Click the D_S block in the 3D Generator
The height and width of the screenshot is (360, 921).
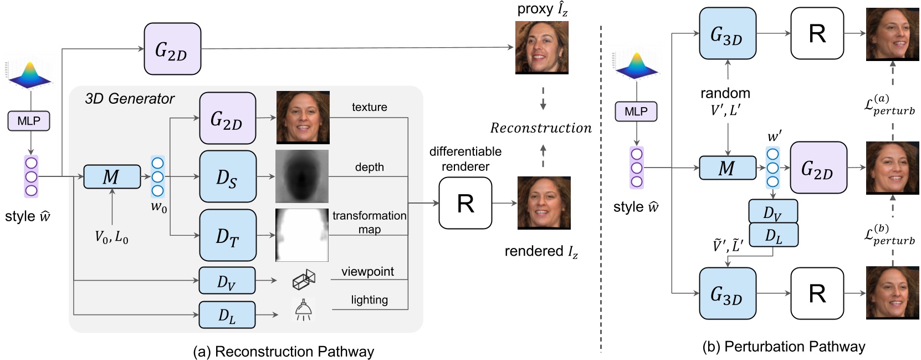coord(228,176)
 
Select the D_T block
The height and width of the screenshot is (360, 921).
coord(228,235)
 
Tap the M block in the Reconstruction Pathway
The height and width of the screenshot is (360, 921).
coord(111,176)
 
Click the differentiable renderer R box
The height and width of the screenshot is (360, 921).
coord(465,203)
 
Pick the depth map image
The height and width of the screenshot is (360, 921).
coord(302,176)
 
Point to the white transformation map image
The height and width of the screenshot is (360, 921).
coord(302,235)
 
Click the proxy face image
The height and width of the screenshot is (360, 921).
coord(541,48)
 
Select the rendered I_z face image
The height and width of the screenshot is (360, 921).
coord(544,202)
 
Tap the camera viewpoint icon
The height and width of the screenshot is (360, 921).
coord(304,280)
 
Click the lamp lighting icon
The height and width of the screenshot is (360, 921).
coord(303,310)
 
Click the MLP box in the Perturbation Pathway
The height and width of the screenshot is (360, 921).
coord(636,111)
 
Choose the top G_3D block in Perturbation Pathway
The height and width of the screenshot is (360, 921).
coord(727,34)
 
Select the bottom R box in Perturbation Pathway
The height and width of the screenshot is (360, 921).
coord(817,293)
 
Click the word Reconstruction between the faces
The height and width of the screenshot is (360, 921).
coord(541,128)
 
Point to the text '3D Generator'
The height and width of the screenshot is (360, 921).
coord(130,99)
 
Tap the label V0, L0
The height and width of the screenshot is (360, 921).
coord(111,238)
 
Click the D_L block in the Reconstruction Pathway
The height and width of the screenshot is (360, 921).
coord(227,315)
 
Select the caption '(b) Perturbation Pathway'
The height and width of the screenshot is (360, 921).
coord(784,347)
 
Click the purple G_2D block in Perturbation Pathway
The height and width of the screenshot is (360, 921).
coord(818,168)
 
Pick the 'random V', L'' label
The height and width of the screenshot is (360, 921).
coord(725,102)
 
